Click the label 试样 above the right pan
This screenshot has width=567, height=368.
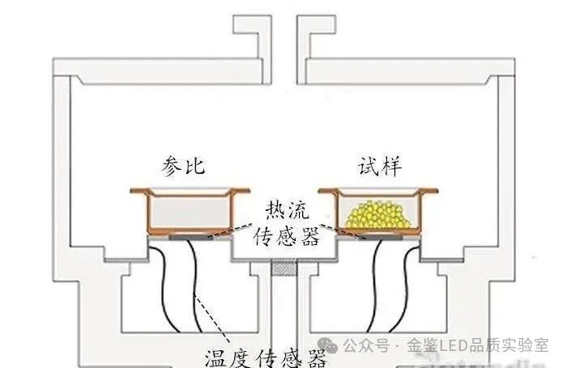380,167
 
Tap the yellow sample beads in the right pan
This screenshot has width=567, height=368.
375,214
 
